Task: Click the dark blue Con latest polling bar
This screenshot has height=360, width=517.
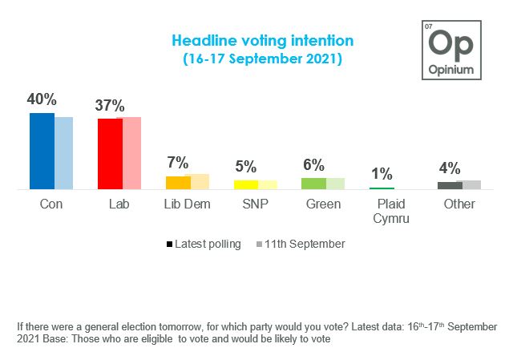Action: (x=42, y=151)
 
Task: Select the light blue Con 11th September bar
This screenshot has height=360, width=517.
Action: (x=63, y=153)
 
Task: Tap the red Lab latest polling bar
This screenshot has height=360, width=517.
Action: (x=110, y=154)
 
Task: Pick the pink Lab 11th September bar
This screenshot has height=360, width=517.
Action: (x=129, y=153)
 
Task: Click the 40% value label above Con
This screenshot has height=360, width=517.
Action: (x=42, y=100)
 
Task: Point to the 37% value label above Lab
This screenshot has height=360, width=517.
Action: (x=109, y=106)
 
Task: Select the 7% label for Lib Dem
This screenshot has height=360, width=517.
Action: (x=176, y=163)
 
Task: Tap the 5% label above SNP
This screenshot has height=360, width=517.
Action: (x=245, y=167)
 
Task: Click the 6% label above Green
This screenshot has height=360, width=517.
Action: (x=313, y=165)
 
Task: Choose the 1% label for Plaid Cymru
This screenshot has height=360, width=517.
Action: (x=381, y=174)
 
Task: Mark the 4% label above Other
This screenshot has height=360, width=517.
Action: (x=449, y=168)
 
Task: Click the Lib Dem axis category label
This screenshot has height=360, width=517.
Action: (x=187, y=204)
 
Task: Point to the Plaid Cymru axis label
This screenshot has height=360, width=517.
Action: (x=392, y=211)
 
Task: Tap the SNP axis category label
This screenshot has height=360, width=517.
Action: (x=255, y=204)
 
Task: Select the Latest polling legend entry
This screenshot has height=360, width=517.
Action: (x=204, y=244)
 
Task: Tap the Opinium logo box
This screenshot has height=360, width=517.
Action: (x=452, y=50)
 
